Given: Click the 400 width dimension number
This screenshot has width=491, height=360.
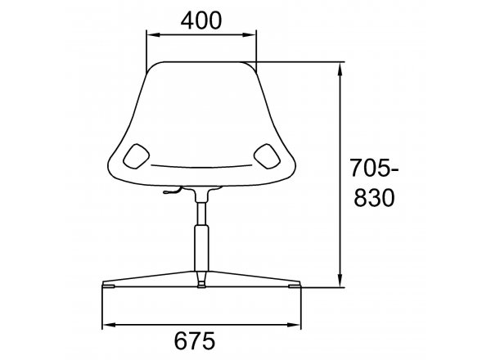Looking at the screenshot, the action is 201,20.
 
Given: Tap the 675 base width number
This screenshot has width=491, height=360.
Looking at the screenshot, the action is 195,340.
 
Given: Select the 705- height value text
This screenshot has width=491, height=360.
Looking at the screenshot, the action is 374,168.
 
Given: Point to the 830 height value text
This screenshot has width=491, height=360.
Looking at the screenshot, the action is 374,197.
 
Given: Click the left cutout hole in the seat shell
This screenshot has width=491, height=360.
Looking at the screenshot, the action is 136,156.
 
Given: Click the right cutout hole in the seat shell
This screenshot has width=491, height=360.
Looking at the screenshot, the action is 267,156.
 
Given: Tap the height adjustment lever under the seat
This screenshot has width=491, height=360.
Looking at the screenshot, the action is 173,191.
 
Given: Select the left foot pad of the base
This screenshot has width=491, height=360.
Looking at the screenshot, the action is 108,286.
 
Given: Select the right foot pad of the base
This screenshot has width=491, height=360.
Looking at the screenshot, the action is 295,286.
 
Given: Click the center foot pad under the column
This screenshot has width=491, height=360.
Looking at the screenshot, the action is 201,286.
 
